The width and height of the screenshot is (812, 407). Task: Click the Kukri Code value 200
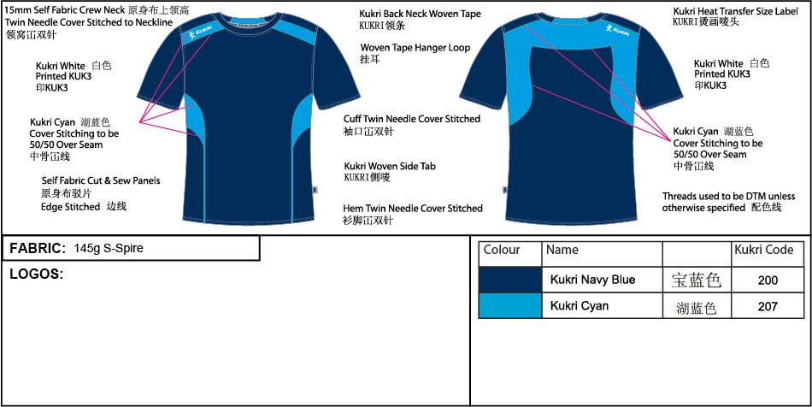(x=768, y=280)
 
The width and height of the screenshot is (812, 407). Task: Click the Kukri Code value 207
(x=768, y=306)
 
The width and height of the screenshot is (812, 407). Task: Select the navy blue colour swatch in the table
(x=510, y=280)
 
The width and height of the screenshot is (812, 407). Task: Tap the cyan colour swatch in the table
(x=510, y=306)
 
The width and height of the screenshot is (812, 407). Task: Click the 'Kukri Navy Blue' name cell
(x=592, y=280)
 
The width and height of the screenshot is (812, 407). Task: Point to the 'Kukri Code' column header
(x=763, y=251)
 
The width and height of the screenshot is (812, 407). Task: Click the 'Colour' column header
(x=502, y=251)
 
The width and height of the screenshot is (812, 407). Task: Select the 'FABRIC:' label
(x=38, y=249)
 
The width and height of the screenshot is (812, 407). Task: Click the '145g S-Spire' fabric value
(x=109, y=249)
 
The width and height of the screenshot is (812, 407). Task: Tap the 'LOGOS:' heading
(x=36, y=274)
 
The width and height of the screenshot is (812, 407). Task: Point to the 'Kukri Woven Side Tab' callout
(x=390, y=166)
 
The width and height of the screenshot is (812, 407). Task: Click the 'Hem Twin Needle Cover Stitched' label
(x=413, y=209)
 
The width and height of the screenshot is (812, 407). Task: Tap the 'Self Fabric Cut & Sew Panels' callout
(x=101, y=181)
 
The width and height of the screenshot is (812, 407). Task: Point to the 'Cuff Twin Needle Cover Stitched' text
(x=412, y=119)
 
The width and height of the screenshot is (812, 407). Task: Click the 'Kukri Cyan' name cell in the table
(x=580, y=306)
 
